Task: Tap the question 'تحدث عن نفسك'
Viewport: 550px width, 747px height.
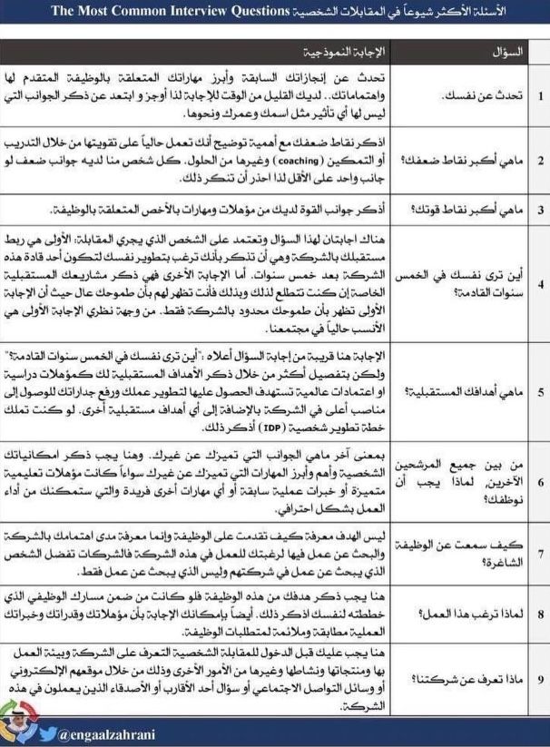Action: tap(486, 93)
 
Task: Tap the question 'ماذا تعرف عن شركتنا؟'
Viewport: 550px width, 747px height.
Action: tap(474, 677)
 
